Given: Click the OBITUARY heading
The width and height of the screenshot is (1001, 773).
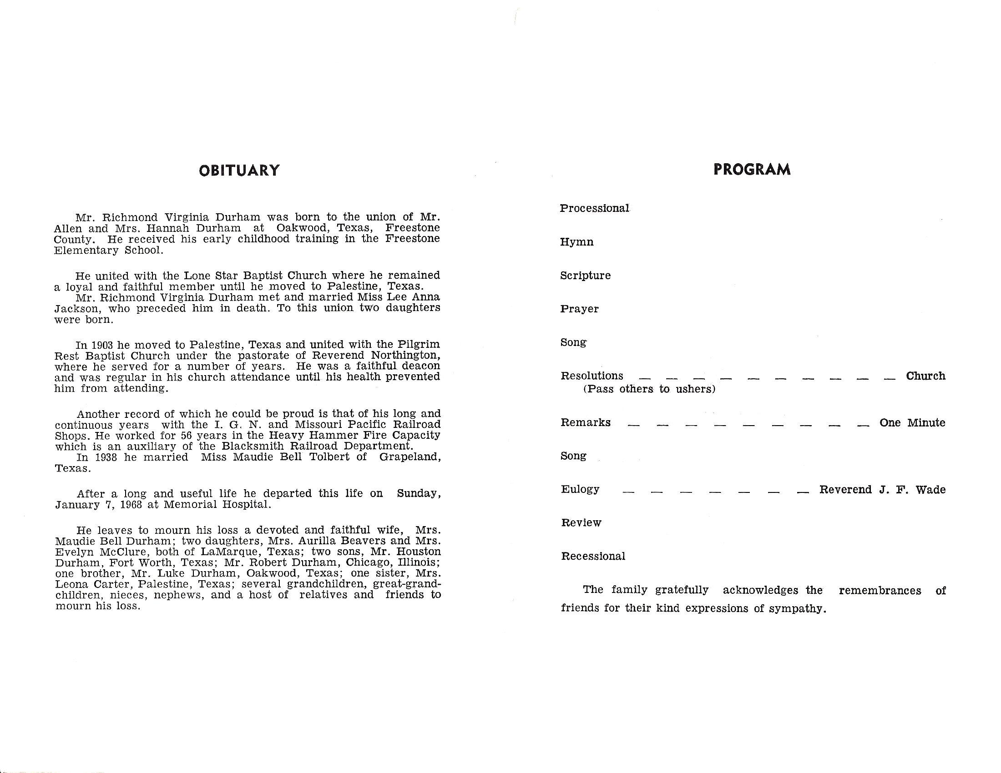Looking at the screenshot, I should click(239, 171).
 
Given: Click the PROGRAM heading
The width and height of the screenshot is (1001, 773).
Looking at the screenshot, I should click(752, 170).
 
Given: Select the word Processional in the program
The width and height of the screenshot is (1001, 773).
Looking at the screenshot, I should click(595, 208).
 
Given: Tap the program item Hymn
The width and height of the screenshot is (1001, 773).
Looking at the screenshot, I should click(576, 242).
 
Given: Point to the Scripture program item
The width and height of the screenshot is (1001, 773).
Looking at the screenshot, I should click(585, 276).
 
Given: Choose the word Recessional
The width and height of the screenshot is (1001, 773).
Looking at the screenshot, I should click(593, 557).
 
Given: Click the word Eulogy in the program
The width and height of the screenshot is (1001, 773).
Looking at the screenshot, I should click(580, 490).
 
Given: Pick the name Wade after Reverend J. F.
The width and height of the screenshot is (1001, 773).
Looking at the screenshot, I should click(930, 490).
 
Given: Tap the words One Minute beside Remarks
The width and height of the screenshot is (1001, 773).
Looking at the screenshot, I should click(912, 423).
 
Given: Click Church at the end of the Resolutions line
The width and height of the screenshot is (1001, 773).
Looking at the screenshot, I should click(925, 376).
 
